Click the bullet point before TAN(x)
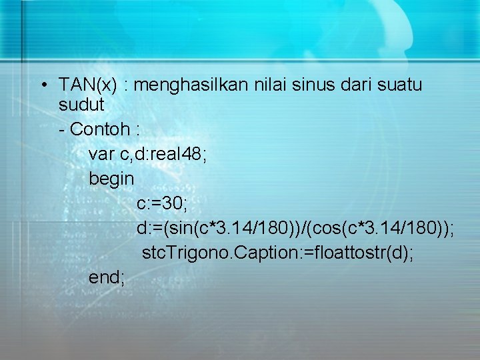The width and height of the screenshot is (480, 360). click(42, 85)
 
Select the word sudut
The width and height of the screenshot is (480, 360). click(81, 105)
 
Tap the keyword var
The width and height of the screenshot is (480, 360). click(101, 154)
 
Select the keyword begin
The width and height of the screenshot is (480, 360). click(112, 179)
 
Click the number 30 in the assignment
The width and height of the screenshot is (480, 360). click(175, 203)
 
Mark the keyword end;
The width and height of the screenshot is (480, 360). click(107, 277)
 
